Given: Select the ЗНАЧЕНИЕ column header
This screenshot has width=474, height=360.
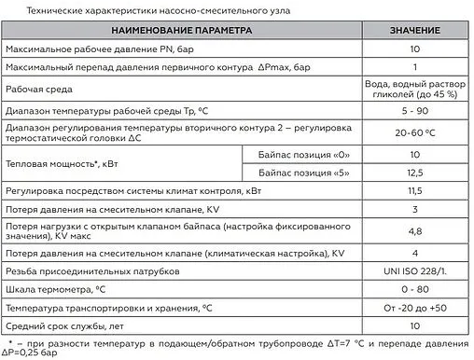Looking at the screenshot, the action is tap(413, 31).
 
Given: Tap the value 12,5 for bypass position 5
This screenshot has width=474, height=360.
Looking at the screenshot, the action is tap(413, 173).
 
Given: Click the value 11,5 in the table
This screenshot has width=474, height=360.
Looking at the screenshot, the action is tap(413, 191).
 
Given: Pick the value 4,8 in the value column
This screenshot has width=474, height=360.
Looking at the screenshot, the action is tap(413, 231).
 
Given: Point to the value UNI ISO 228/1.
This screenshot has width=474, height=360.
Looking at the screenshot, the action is tap(413, 271).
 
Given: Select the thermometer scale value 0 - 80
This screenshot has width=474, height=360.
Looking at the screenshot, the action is tap(413, 289).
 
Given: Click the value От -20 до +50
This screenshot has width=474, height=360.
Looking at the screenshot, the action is tap(413, 308).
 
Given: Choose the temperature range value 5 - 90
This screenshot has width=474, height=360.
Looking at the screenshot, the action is tap(413, 110).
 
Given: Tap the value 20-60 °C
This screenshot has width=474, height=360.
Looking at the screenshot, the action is tap(413, 132).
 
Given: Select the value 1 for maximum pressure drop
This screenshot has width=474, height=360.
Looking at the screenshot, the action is tap(413, 68).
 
